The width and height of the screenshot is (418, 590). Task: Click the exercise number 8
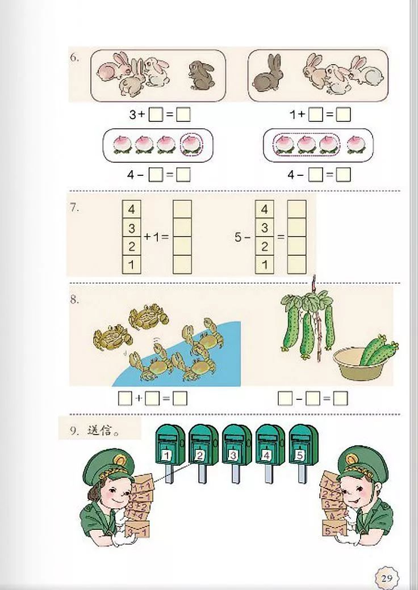(75, 300)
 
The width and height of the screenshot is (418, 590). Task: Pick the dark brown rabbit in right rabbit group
(266, 72)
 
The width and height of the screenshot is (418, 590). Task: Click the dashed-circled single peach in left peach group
(190, 145)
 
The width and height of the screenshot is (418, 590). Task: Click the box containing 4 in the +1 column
(132, 210)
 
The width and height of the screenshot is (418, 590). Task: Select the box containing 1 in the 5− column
(264, 264)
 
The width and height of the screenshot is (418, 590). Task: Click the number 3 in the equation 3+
(132, 115)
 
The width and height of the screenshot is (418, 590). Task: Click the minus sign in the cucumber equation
(299, 399)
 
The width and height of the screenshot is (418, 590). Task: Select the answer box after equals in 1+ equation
(343, 115)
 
